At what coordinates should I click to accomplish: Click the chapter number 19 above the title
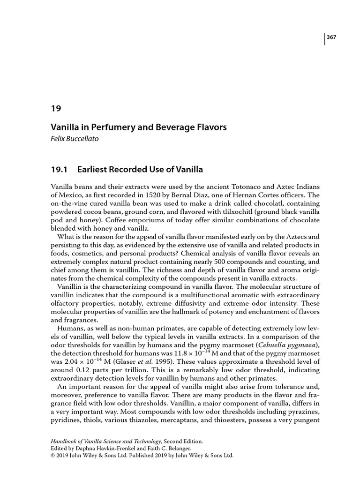55,108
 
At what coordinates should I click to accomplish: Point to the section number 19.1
59,169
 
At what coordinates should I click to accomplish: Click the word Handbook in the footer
65,441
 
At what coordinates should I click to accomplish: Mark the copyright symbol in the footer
52,455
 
